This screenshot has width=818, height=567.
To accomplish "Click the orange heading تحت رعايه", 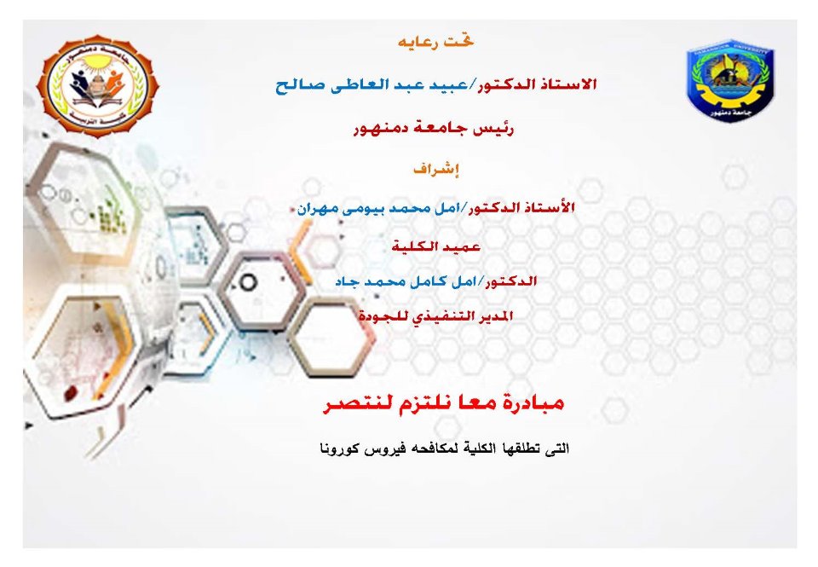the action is pos(435,42).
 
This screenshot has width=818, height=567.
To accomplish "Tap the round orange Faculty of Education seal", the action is pos(97,85).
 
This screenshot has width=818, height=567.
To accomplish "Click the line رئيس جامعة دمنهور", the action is pos(434,128).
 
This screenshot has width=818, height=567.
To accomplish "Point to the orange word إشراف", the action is pos(435,169).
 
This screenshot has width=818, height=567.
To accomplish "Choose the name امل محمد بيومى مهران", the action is pos(377,208).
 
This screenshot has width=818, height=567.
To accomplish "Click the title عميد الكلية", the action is pos(435,246).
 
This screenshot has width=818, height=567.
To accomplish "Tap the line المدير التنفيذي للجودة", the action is pos(435,315).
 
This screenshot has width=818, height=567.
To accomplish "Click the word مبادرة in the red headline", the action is pos(531,403).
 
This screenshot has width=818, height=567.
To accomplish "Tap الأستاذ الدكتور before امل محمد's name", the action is pos(521,208).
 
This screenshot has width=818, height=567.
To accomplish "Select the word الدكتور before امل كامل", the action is pos(510,281).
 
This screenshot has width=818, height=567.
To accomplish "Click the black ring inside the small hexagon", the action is pos(249,283).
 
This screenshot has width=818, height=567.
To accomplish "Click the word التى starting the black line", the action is pos(557,448).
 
